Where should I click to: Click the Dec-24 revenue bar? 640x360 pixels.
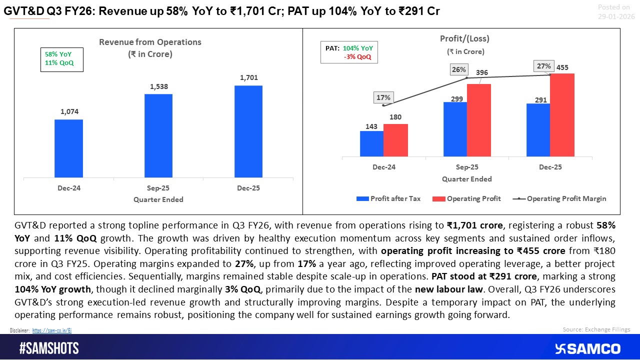tap(68, 148)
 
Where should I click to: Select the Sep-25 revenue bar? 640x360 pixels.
tap(158, 135)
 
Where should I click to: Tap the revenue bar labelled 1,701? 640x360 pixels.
tap(248, 131)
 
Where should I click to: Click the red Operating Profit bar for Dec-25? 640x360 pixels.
tap(562, 114)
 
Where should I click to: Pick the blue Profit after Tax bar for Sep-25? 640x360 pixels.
tap(455, 128)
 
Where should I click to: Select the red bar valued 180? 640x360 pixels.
tap(395, 139)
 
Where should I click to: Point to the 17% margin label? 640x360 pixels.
tap(383, 98)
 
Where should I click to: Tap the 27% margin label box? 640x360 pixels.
tap(543, 66)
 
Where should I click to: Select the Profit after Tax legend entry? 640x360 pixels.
tap(388, 198)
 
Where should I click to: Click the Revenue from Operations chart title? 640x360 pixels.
tap(150, 48)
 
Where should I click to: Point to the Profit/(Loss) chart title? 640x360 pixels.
tap(457, 38)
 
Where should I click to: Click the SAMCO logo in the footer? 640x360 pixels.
tap(587, 348)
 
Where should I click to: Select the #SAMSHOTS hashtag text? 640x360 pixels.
tap(49, 348)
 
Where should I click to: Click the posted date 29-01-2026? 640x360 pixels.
tap(616, 16)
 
